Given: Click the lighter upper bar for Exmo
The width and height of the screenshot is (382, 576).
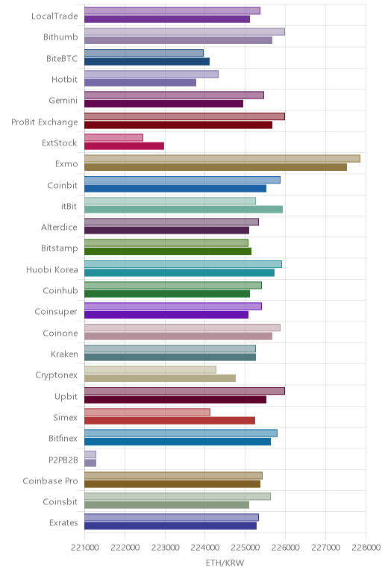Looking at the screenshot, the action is pyautogui.click(x=222, y=159).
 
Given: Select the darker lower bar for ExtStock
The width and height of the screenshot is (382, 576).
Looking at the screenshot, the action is pyautogui.click(x=124, y=146).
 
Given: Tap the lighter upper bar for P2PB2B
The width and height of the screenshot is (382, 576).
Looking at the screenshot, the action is pyautogui.click(x=90, y=454).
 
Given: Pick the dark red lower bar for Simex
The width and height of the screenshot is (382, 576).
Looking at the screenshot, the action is pyautogui.click(x=169, y=421).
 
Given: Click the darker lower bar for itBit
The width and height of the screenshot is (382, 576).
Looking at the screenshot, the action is pyautogui.click(x=184, y=210).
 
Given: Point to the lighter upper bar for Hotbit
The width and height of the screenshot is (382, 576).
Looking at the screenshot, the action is pyautogui.click(x=151, y=74).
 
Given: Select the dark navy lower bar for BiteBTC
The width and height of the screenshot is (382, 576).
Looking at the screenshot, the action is pyautogui.click(x=147, y=62).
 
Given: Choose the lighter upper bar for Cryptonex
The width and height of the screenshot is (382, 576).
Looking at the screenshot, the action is pyautogui.click(x=150, y=370).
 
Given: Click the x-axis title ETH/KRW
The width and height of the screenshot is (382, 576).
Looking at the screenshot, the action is pyautogui.click(x=225, y=563).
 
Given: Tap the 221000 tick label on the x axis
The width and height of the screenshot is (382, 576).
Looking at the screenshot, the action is pyautogui.click(x=84, y=548).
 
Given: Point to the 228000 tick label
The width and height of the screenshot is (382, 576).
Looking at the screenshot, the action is pyautogui.click(x=366, y=548).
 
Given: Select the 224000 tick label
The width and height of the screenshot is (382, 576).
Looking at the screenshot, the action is pyautogui.click(x=205, y=548).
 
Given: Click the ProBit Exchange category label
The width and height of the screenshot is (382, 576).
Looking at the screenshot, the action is pyautogui.click(x=45, y=122).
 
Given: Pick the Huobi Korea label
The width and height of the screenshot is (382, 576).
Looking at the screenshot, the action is pyautogui.click(x=52, y=269).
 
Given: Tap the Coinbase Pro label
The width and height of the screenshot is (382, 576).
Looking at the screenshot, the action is pyautogui.click(x=50, y=480).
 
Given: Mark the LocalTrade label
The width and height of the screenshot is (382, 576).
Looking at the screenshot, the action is pyautogui.click(x=54, y=16).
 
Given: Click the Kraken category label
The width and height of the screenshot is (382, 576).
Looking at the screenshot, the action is pyautogui.click(x=64, y=354).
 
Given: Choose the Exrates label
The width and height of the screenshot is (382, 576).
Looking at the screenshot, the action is pyautogui.click(x=63, y=523).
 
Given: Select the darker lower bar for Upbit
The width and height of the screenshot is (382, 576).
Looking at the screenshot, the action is pyautogui.click(x=175, y=400).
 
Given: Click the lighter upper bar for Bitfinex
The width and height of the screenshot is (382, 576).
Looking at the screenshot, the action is pyautogui.click(x=181, y=433).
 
